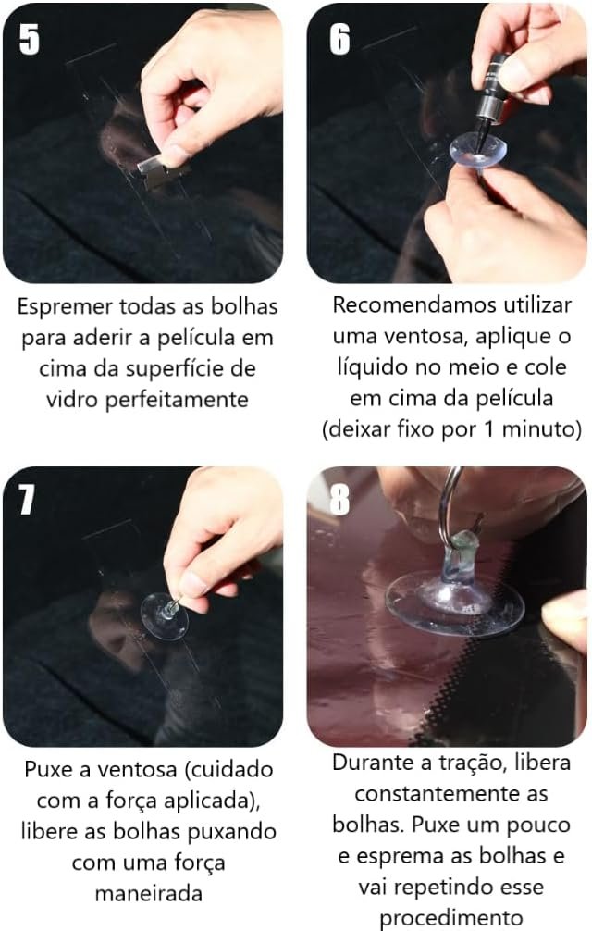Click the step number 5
click(30, 39)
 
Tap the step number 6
click(339, 39)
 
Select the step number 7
click(27, 499)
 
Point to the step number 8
click(339, 499)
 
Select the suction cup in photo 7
click(165, 616)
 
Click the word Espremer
click(65, 307)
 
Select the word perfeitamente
click(176, 400)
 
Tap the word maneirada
click(148, 893)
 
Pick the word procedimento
click(450, 919)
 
